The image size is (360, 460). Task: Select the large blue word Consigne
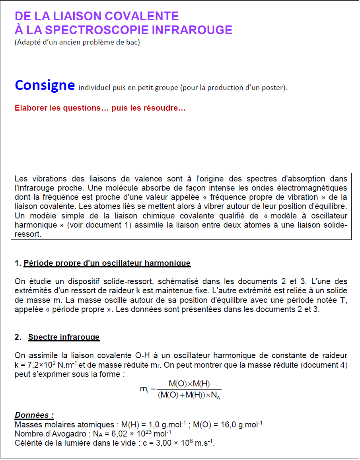coord(45,85)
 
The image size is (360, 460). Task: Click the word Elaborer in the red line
coord(31,108)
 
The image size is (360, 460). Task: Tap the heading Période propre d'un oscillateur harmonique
coord(107,263)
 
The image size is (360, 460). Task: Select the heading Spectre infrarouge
coord(64,337)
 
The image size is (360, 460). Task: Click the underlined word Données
coord(34,415)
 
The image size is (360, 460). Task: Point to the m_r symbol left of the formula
coord(144,389)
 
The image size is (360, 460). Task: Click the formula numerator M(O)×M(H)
coord(189,384)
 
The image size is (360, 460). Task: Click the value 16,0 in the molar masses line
coord(229,425)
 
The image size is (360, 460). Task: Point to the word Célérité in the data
coord(29,443)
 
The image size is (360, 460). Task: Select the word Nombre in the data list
coord(28,434)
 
